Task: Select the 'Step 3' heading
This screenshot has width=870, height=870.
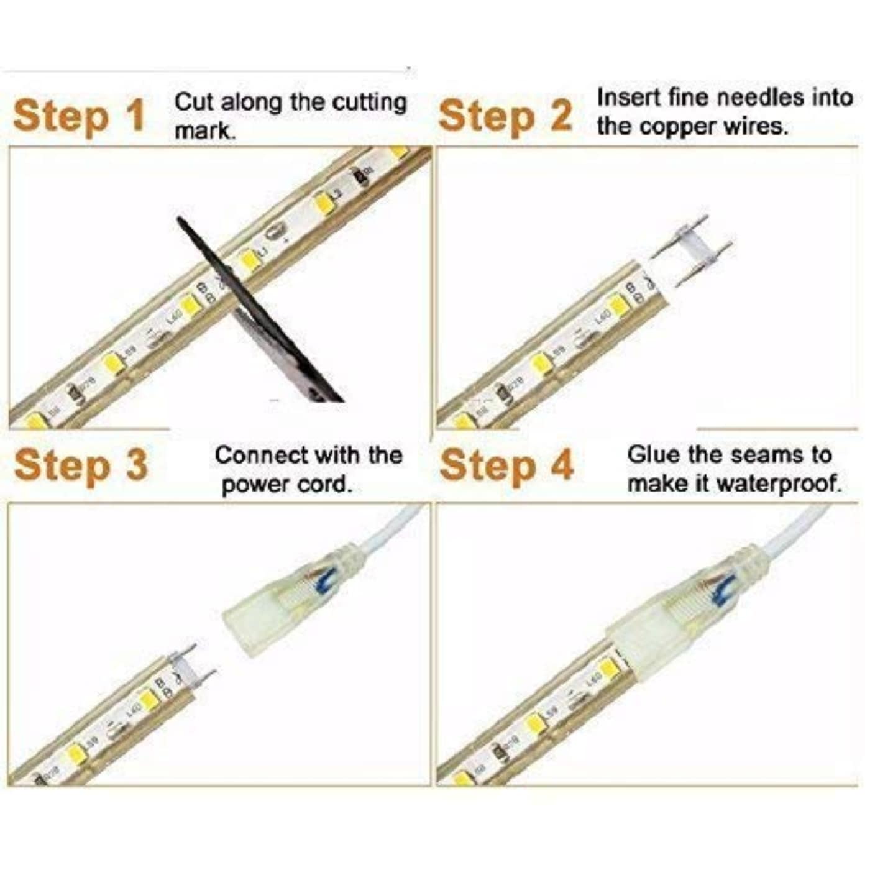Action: point(81,465)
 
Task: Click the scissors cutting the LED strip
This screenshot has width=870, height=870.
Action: point(261,311)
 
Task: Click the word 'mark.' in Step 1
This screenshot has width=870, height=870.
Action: point(204,131)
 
